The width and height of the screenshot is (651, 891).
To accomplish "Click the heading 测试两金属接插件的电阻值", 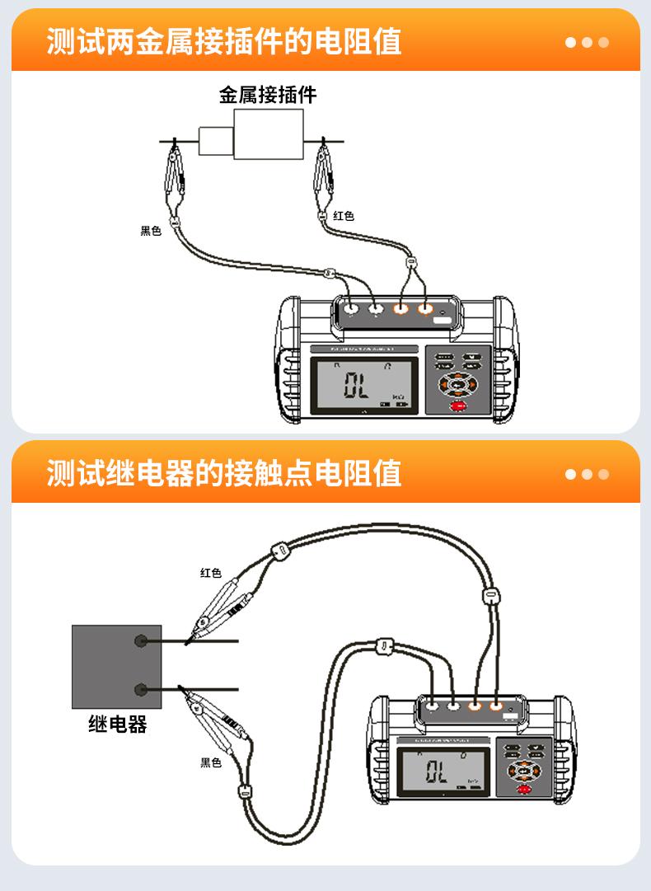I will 223,41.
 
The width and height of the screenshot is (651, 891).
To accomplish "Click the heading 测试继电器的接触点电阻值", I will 223,473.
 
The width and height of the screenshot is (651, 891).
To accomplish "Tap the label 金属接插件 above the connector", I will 268,95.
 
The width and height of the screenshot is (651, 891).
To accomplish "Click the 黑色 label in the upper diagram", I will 151,232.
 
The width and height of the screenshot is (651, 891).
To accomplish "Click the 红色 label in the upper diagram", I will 344,216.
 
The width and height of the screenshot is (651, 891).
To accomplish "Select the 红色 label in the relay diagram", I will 211,573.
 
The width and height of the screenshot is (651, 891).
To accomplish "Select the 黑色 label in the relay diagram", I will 211,762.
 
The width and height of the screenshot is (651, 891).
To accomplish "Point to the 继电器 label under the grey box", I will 117,725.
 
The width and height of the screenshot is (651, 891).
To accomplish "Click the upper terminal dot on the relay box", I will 142,640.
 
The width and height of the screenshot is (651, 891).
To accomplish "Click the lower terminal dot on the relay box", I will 142,689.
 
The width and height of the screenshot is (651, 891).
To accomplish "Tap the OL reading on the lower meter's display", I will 437,772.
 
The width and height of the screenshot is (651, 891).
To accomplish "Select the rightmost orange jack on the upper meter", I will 425,310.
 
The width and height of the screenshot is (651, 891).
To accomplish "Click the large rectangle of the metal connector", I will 268,134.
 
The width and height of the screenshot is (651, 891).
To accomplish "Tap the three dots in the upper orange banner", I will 587,42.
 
